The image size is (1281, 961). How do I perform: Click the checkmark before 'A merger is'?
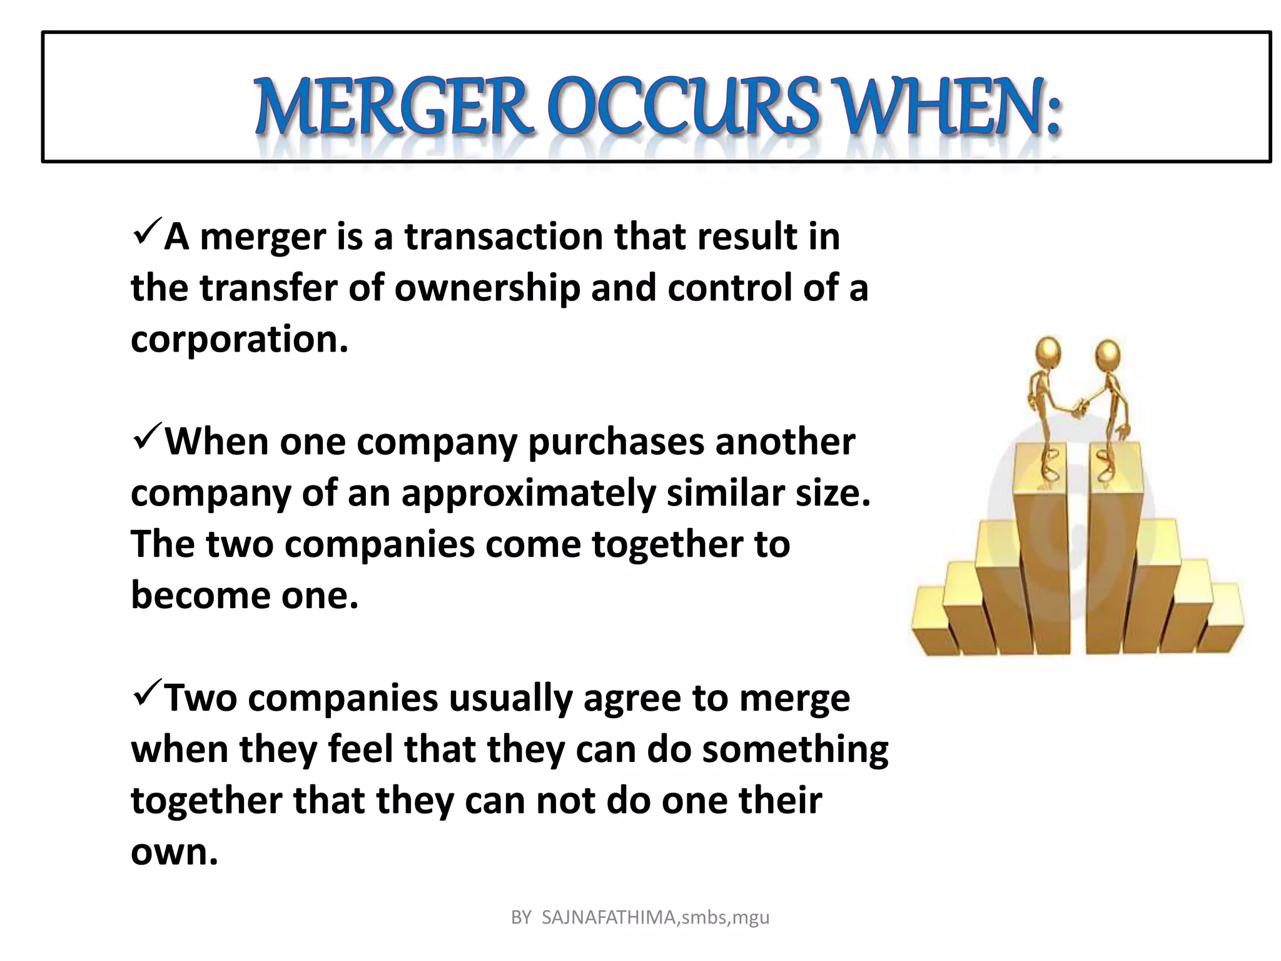(148, 231)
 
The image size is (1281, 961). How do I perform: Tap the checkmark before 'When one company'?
(148, 436)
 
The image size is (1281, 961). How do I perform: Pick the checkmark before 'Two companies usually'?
(148, 692)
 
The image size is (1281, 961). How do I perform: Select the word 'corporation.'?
(239, 339)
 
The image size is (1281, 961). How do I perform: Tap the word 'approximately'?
(529, 493)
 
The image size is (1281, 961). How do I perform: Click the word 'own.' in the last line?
(175, 852)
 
